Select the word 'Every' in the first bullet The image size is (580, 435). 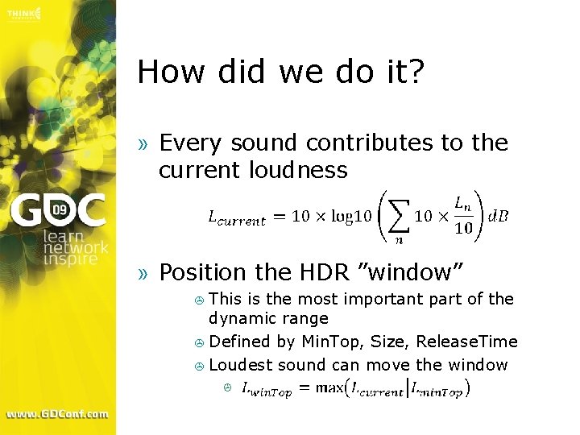click(192, 143)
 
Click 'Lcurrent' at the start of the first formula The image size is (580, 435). click(236, 217)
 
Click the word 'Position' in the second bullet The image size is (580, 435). click(202, 273)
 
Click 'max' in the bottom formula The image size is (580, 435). click(329, 389)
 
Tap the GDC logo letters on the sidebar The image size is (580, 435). click(57, 211)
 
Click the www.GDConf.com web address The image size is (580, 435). click(57, 414)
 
